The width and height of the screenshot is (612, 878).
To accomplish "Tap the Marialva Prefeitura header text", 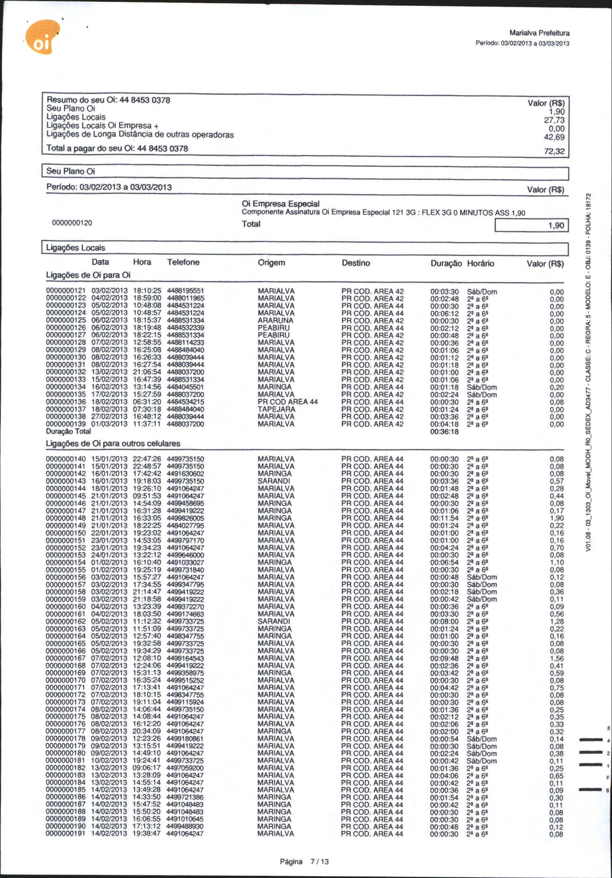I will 539,33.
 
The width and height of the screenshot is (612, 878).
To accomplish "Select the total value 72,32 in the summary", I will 554,151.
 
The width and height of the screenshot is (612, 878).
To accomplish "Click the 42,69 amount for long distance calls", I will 554,137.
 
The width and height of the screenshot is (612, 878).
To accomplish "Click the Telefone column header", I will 183,262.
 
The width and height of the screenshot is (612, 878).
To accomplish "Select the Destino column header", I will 356,263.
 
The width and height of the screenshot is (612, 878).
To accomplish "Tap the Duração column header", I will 446,264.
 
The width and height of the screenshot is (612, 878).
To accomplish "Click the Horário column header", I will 480,264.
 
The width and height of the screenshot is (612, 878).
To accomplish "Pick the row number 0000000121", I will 66,291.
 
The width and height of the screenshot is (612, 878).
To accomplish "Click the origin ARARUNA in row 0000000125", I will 275,320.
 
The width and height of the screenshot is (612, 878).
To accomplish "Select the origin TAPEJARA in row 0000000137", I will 277,409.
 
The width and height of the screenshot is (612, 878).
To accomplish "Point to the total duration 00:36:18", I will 444,432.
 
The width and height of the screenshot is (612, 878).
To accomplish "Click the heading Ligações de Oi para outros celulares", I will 113,443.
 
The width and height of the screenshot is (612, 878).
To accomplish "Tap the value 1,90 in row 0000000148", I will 557,518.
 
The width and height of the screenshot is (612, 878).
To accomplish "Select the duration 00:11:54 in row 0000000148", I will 444,518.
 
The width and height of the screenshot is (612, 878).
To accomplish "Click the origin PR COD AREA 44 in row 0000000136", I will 288,402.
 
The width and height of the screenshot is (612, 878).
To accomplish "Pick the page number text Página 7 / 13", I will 305,861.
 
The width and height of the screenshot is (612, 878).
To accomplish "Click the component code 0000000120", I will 72,223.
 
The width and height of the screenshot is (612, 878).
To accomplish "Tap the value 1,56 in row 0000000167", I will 557,658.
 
